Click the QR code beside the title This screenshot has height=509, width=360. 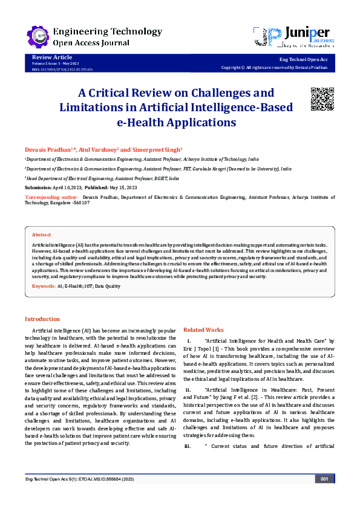tap(322, 99)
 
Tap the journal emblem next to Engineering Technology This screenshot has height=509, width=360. tap(38, 36)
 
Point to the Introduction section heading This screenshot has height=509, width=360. tap(42, 319)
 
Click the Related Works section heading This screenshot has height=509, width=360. tap(203, 329)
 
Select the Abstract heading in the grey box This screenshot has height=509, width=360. tap(41, 234)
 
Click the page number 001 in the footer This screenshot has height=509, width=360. tap(324, 496)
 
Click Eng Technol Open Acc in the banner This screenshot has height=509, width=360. tap(303, 60)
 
